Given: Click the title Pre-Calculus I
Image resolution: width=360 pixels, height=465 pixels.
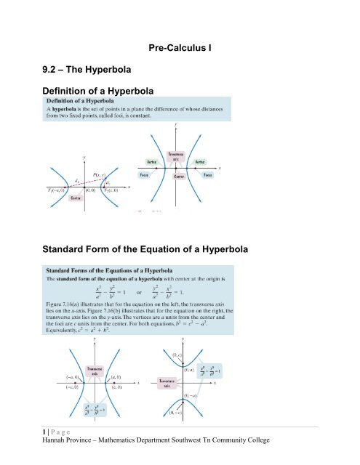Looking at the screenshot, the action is click(x=187, y=46).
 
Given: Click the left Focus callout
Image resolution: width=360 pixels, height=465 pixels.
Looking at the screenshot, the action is click(x=191, y=175).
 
